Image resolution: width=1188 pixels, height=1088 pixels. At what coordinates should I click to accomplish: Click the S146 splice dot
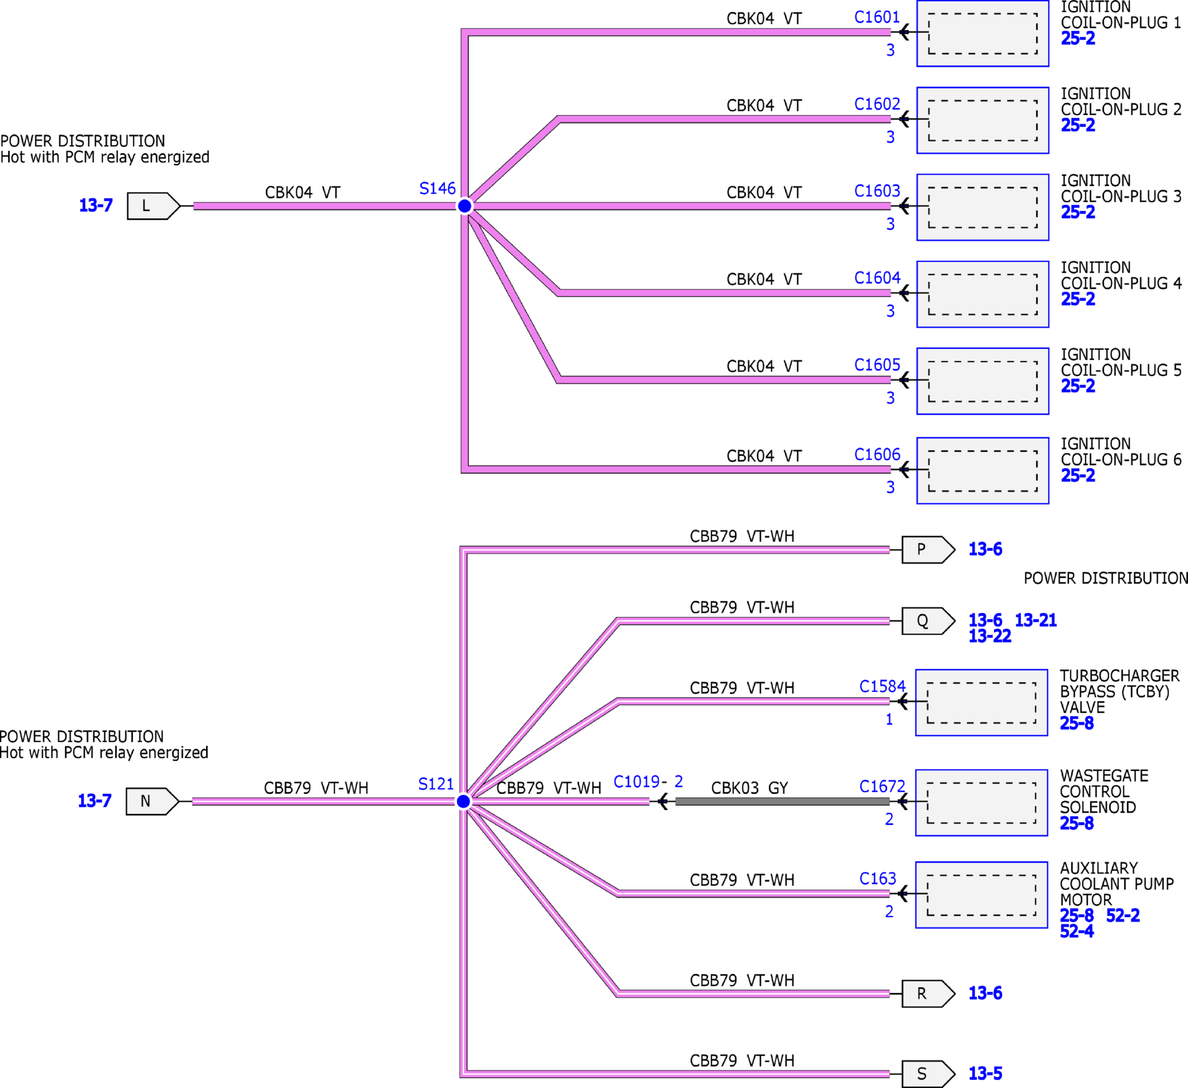pyautogui.click(x=465, y=206)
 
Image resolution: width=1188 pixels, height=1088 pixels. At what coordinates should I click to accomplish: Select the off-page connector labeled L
pyautogui.click(x=153, y=206)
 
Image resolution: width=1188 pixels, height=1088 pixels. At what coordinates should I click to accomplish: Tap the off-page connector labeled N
pyautogui.click(x=152, y=801)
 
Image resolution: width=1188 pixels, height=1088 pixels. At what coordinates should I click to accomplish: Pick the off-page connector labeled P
pyautogui.click(x=928, y=550)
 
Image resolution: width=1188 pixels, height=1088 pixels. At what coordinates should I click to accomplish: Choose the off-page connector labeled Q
pyautogui.click(x=928, y=621)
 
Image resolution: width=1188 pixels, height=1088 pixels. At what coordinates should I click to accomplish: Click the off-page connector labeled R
pyautogui.click(x=928, y=994)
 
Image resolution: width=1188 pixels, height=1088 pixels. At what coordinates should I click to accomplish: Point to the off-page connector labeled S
pyautogui.click(x=928, y=1074)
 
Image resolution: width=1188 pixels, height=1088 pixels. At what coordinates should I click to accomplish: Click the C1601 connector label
pyautogui.click(x=877, y=18)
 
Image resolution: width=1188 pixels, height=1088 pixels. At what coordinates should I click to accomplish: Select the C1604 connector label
pyautogui.click(x=877, y=278)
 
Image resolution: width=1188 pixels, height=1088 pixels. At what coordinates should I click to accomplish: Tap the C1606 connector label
pyautogui.click(x=877, y=454)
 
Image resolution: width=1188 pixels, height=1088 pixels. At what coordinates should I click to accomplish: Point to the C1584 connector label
pyautogui.click(x=882, y=686)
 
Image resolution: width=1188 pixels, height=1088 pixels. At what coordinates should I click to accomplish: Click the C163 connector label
pyautogui.click(x=877, y=879)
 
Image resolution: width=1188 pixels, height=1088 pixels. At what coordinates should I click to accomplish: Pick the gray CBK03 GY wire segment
pyautogui.click(x=782, y=801)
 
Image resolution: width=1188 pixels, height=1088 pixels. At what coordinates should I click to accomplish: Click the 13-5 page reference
pyautogui.click(x=986, y=1074)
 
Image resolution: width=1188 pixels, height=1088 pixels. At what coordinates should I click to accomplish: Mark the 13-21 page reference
pyautogui.click(x=1035, y=620)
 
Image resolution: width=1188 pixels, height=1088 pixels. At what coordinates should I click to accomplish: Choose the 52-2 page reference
pyautogui.click(x=1123, y=916)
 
